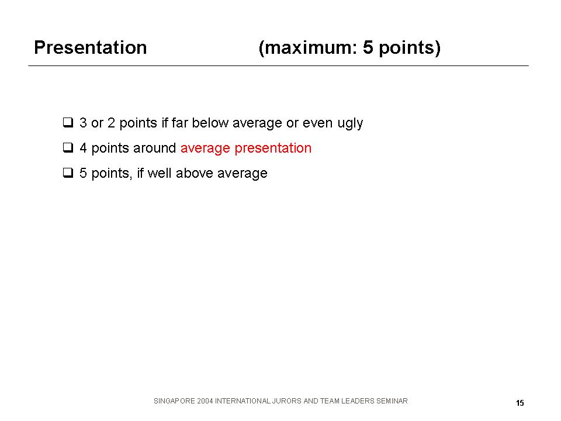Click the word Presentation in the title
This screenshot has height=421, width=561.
click(91, 47)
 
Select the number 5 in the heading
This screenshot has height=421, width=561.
click(368, 47)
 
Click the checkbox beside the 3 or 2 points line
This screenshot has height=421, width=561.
click(68, 122)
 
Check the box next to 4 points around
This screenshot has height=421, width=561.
click(68, 147)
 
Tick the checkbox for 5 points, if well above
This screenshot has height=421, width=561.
click(68, 172)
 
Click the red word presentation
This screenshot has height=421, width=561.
click(273, 149)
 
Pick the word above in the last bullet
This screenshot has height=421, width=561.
click(194, 173)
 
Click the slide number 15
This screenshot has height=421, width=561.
click(520, 403)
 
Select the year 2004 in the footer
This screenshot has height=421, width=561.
click(205, 401)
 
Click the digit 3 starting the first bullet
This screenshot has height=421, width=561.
click(83, 123)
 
